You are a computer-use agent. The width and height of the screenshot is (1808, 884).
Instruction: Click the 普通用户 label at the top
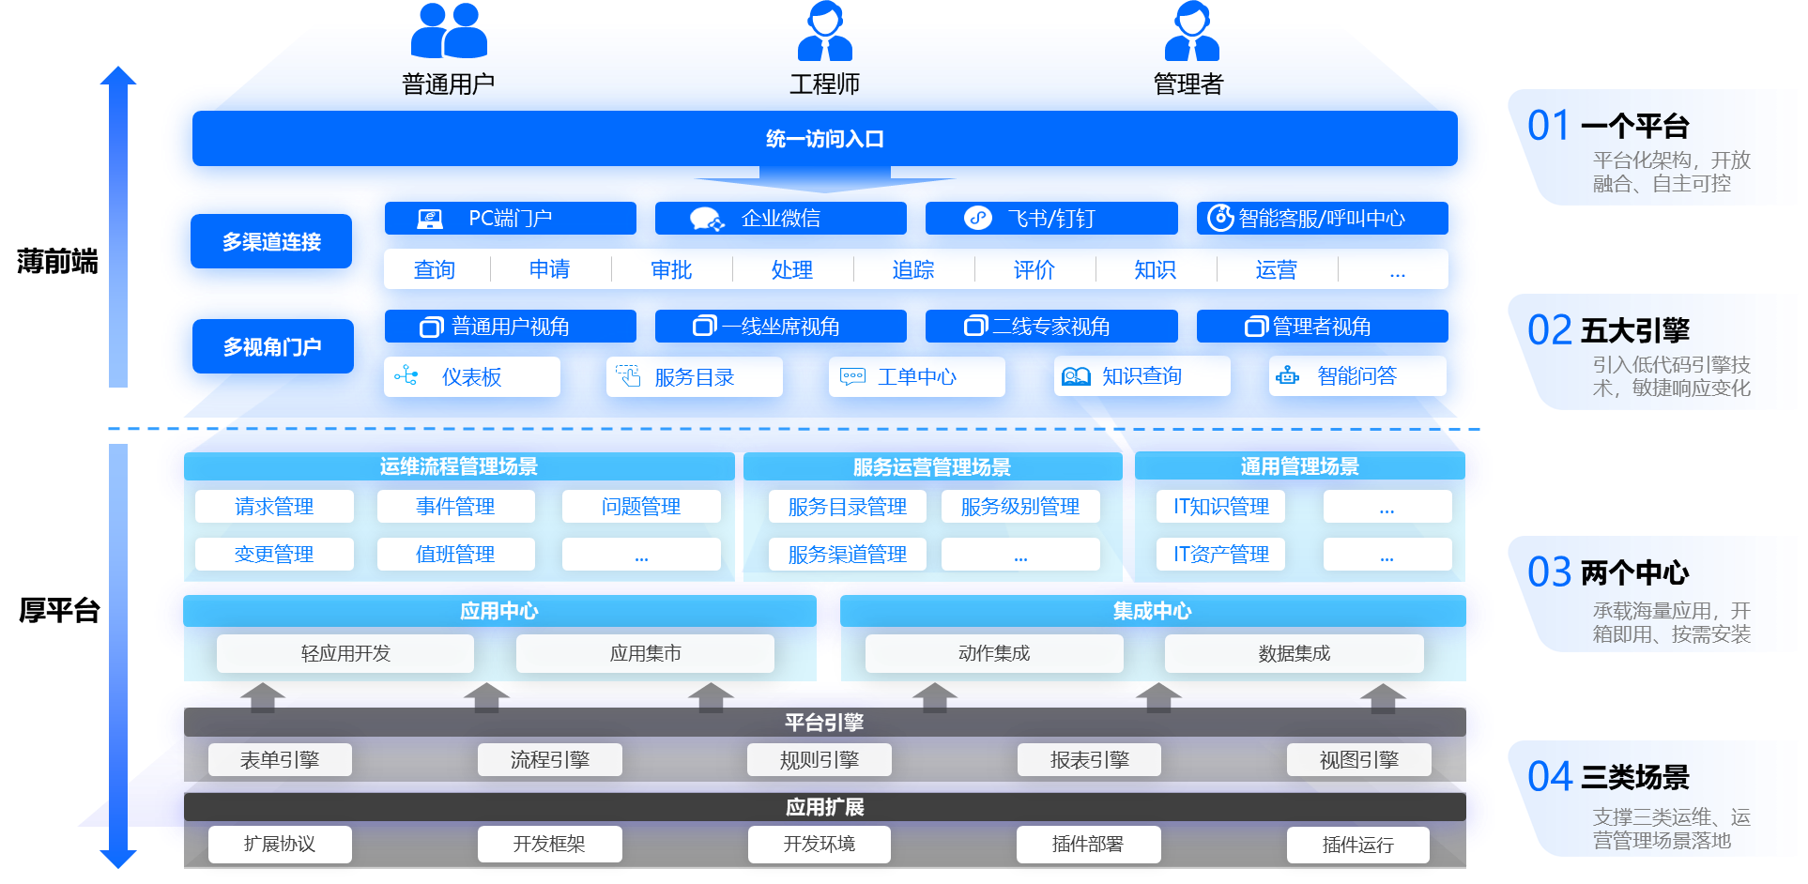coord(448,84)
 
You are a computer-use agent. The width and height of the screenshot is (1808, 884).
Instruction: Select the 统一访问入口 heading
coord(824,139)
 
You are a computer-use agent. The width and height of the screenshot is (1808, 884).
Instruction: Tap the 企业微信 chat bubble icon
coord(706,219)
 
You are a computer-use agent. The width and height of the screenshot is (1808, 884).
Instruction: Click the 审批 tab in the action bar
coord(671,270)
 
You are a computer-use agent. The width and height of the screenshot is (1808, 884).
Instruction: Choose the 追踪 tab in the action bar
coord(913,270)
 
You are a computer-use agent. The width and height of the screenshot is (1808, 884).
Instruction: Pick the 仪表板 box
coord(471,377)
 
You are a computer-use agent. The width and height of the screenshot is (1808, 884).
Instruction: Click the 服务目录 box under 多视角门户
coord(694,377)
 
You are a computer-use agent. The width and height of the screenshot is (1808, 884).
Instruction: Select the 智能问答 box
coord(1356,376)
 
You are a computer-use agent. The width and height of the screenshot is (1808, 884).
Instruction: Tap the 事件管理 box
coord(455,507)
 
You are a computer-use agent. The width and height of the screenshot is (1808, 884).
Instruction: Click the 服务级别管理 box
coord(1019,507)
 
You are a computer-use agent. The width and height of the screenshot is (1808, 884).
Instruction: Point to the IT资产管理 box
coord(1220,555)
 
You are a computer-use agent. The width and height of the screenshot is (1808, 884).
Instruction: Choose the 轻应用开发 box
coord(345,653)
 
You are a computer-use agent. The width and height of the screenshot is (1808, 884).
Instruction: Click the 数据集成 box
coord(1294,653)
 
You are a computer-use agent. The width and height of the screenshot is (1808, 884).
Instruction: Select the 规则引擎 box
coord(819,760)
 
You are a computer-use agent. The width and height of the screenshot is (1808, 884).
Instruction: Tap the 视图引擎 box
coord(1358,760)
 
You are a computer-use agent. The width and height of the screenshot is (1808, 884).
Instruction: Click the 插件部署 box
coord(1087,845)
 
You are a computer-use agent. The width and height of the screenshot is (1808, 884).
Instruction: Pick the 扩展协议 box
coord(280,845)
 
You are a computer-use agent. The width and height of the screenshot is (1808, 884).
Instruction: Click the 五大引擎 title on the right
coord(1634,330)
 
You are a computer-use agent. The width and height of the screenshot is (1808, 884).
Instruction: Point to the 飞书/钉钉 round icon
coord(978,219)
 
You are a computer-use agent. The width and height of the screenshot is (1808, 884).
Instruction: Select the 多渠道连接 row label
coord(271,242)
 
